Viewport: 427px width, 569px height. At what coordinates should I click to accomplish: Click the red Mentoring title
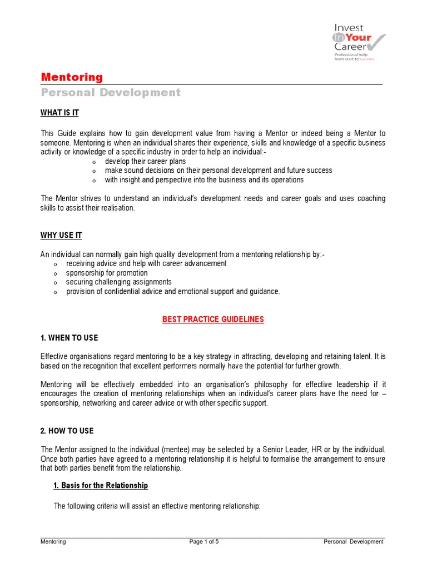72,77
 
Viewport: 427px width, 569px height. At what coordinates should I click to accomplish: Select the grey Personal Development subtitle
111,93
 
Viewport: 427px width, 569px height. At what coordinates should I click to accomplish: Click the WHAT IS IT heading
59,113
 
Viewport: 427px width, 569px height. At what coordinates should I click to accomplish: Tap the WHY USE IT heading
61,236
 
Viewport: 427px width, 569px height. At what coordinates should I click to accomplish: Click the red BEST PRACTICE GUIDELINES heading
213,320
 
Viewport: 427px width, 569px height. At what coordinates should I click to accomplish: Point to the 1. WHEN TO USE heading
69,338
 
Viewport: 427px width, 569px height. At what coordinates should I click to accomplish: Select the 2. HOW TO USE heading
67,431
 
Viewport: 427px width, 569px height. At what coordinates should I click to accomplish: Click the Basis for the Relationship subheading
101,486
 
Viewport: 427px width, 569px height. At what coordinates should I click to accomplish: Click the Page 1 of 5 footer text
204,542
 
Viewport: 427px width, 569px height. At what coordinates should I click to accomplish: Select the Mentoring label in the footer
53,542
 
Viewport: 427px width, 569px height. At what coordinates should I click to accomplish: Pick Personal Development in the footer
354,542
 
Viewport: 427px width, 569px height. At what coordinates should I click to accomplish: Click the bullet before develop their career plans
94,162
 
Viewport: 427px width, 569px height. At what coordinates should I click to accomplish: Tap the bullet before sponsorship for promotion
55,274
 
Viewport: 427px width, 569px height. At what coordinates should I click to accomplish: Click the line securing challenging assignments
119,282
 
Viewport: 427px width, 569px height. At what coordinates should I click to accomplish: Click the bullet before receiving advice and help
55,264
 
